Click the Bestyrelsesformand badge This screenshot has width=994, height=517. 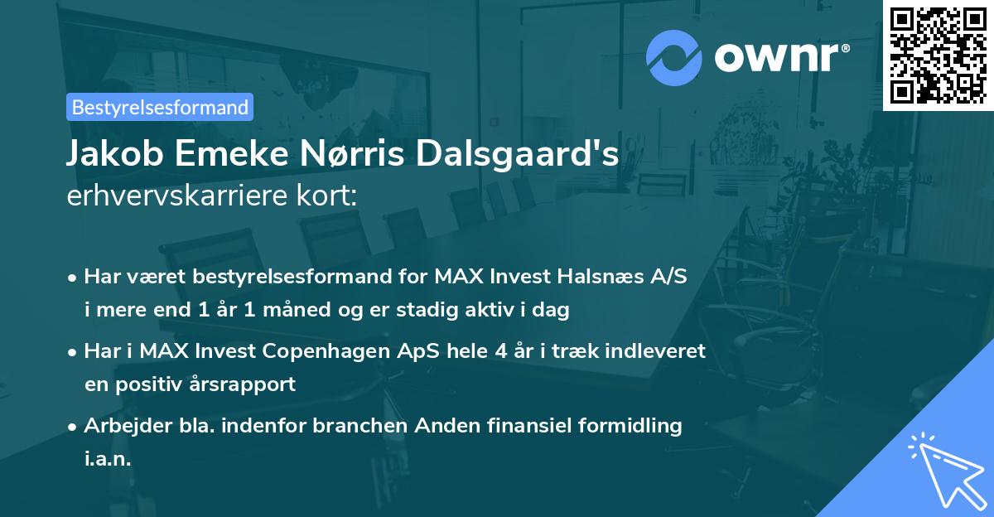pos(160,107)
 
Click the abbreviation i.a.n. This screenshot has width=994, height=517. pos(108,459)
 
